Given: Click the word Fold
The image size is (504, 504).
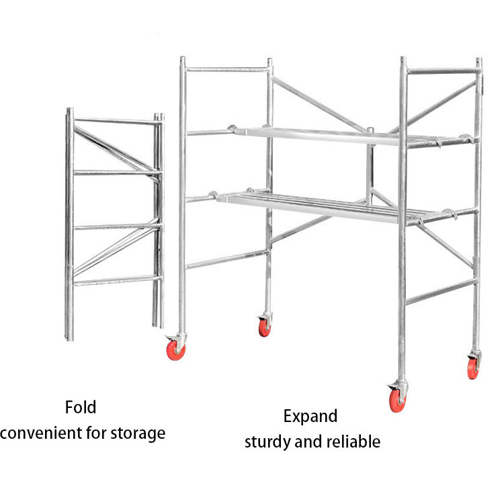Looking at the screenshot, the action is click(81, 407).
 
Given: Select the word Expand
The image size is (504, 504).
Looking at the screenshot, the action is click(310, 416).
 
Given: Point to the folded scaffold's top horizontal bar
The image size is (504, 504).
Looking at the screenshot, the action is click(114, 122).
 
